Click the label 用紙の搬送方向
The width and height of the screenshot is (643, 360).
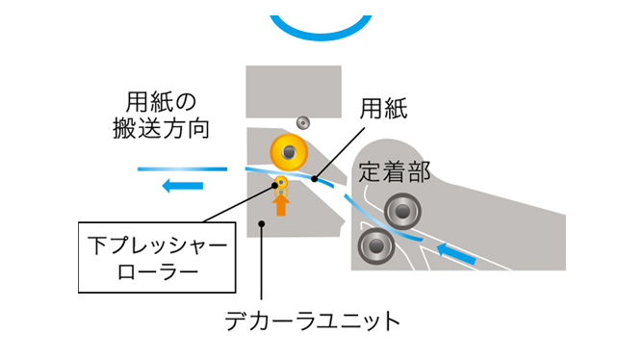click(x=167, y=115)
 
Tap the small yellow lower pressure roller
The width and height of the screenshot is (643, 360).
click(x=281, y=183)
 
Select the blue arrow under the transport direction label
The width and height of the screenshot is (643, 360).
click(x=181, y=186)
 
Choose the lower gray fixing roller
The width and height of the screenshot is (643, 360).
click(x=374, y=246)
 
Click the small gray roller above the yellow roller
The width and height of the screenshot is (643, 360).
click(x=303, y=122)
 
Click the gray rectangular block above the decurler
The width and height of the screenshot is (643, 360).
click(x=295, y=90)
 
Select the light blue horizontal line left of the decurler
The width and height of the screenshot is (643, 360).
click(x=182, y=168)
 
